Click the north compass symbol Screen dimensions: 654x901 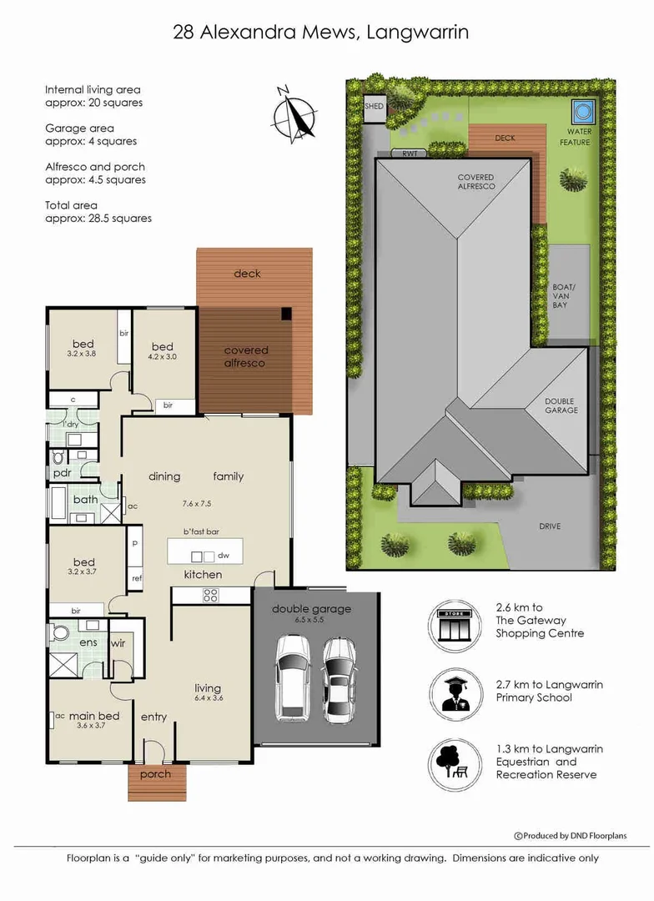click(294, 114)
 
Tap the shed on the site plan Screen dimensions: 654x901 click(374, 108)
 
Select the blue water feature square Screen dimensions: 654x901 click(583, 110)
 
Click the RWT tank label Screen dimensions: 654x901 click(410, 154)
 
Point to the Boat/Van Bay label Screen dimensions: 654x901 click(561, 296)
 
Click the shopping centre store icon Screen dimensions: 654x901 click(454, 626)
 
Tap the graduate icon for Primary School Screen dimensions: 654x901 click(454, 695)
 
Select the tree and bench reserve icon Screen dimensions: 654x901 click(454, 764)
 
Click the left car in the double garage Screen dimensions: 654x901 click(293, 677)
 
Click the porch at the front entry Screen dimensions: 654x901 click(156, 782)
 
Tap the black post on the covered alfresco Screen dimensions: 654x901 click(286, 314)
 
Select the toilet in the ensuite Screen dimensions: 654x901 click(59, 632)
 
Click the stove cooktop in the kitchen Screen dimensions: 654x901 click(210, 596)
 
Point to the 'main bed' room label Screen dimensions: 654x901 click(94, 716)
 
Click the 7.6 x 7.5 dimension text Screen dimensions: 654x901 click(197, 503)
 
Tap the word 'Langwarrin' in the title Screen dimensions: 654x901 click(418, 33)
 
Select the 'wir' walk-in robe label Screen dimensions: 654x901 click(118, 643)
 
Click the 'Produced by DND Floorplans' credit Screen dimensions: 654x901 click(570, 835)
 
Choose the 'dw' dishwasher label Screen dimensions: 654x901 click(224, 556)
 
